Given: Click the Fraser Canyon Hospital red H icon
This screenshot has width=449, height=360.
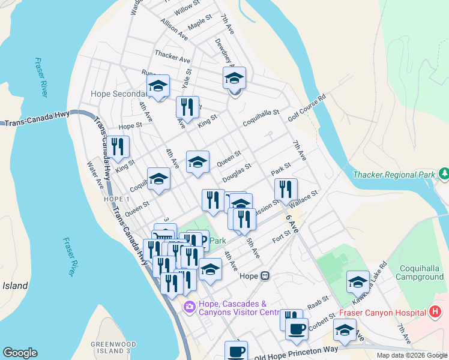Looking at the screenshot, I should [436, 312].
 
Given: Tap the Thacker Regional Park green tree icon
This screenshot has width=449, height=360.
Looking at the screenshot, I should [444, 174].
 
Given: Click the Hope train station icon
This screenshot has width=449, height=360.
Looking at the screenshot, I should [265, 276].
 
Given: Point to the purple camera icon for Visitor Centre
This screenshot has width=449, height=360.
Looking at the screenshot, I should [190, 307].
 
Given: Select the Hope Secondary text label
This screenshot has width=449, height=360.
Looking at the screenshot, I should [118, 94].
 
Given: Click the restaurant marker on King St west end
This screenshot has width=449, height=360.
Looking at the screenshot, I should [117, 147].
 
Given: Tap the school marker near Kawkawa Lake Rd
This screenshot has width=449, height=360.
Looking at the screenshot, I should [357, 282].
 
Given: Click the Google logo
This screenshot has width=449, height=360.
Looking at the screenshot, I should [20, 353].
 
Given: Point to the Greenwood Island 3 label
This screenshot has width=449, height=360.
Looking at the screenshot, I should [110, 347].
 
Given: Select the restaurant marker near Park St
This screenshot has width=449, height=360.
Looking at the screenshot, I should [286, 189].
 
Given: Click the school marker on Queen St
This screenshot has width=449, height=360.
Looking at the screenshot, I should [197, 161].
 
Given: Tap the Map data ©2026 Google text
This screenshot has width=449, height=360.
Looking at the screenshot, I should [411, 355].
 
